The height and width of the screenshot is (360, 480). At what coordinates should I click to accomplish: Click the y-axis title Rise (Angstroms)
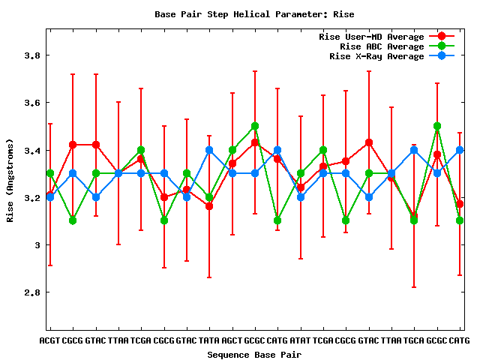(x=10, y=180)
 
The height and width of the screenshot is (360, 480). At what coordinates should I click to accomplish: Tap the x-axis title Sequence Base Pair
(x=254, y=354)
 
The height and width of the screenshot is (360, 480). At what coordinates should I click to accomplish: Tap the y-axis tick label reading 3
(x=37, y=245)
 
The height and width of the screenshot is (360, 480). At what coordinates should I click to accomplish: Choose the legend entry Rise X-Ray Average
(x=376, y=56)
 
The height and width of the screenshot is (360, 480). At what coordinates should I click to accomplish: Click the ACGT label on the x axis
(x=49, y=340)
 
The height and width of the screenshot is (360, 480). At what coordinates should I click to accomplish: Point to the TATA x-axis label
(x=209, y=340)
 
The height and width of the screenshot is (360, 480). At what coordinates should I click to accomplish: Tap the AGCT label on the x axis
(x=232, y=340)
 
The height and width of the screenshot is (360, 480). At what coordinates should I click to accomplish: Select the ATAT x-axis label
(x=301, y=340)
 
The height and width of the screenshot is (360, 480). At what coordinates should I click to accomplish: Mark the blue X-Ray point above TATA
(x=209, y=150)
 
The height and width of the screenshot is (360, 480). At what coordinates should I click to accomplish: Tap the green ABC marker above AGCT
(x=232, y=150)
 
